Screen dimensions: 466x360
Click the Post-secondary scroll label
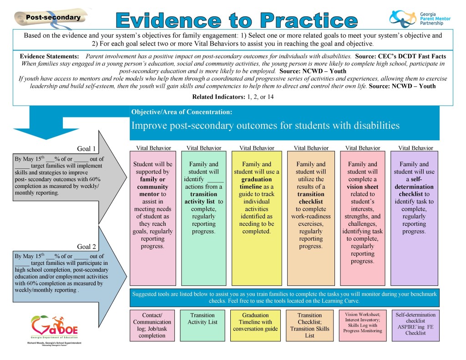coord(52,18)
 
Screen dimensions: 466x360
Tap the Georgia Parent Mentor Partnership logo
coord(420,18)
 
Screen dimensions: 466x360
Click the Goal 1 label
coord(86,149)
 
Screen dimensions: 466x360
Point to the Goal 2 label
coord(86,247)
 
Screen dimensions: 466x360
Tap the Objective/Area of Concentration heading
coord(182,112)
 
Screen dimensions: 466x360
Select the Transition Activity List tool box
coord(203,325)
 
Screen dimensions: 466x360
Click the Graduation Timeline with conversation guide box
coord(255,325)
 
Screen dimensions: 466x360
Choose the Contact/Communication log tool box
coord(152,325)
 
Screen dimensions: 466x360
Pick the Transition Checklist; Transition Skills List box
coord(309,325)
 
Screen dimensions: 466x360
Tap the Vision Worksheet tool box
coord(363,325)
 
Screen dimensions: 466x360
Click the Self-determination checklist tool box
coord(415,325)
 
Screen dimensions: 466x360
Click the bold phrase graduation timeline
coord(256,183)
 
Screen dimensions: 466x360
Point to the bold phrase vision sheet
coord(363,187)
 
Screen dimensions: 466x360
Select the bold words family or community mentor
coord(153,187)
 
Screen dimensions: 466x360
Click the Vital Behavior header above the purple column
coord(415,148)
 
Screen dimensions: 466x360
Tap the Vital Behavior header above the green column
coord(204,148)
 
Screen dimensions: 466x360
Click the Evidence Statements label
coord(49,56)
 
